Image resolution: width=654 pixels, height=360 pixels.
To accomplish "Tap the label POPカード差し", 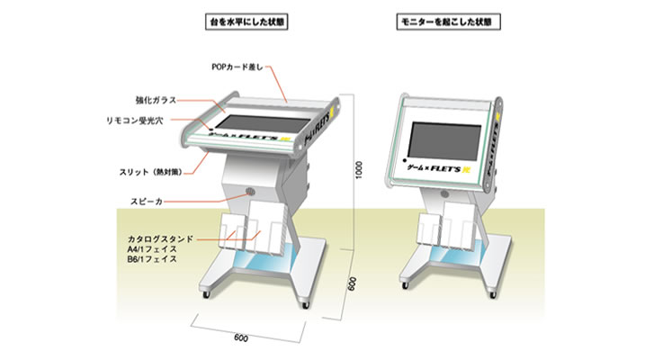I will [240, 65].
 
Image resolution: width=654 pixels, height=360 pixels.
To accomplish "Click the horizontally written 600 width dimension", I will [240, 337].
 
